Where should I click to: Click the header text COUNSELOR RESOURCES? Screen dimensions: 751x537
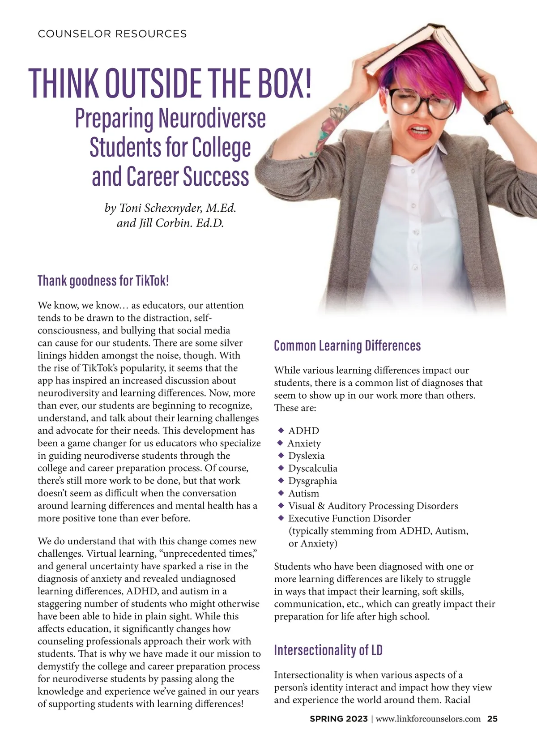pyautogui.click(x=112, y=34)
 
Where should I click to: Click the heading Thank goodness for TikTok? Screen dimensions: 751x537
pyautogui.click(x=103, y=281)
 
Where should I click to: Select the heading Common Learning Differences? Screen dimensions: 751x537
pyautogui.click(x=347, y=346)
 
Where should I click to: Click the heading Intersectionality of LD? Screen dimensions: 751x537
pyautogui.click(x=328, y=650)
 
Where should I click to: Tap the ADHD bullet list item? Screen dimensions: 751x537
pyautogui.click(x=303, y=431)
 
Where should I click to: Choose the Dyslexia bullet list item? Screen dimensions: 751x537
pyautogui.click(x=306, y=456)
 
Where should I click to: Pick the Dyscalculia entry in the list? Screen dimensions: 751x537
pyautogui.click(x=312, y=468)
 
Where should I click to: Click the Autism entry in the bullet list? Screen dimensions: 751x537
pyautogui.click(x=303, y=493)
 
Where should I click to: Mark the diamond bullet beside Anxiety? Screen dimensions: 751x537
pyautogui.click(x=280, y=443)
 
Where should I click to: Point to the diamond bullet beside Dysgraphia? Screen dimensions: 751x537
pyautogui.click(x=281, y=480)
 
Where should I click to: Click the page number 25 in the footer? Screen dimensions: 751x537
pyautogui.click(x=492, y=719)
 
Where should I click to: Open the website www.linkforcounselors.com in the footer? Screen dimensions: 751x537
pyautogui.click(x=428, y=719)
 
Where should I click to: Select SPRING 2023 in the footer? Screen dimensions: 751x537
pyautogui.click(x=338, y=719)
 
